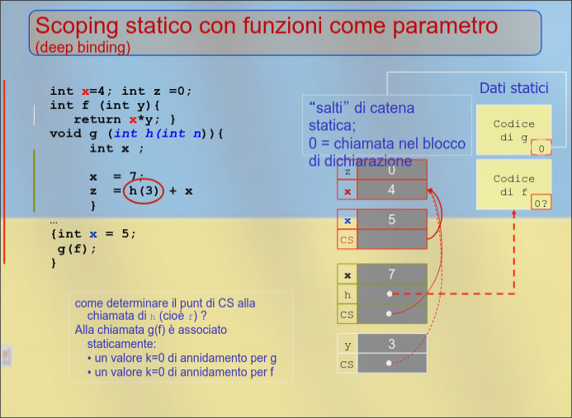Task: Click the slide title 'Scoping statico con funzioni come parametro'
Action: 267,26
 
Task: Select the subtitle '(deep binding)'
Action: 83,48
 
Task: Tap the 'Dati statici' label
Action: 513,88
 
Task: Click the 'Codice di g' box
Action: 513,129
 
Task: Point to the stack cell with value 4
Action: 391,190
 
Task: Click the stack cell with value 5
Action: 391,220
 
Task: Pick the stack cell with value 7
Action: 391,274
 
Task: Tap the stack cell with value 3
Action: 391,344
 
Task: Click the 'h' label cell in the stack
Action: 347,294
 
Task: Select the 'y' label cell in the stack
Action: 347,344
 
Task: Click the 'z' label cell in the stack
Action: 347,171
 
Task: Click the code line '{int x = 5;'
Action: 92,233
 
